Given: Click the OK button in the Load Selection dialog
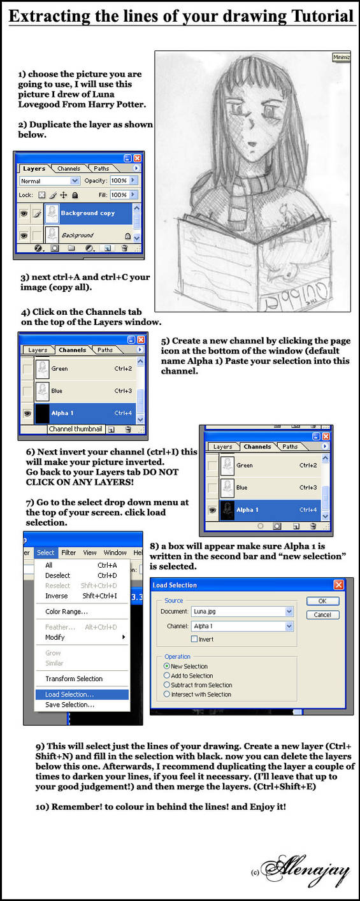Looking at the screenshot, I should point(322,601).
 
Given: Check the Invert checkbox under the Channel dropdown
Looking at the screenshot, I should point(194,638).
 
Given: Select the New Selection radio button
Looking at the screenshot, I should point(167,666).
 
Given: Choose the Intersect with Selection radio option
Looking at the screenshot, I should point(167,694).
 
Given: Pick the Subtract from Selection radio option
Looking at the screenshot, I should point(167,685).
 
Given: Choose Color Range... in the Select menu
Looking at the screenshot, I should point(66,611).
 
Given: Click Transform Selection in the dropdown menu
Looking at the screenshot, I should point(73,679).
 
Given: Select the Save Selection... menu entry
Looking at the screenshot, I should point(69,705).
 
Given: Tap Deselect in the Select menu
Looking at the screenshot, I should point(57,575).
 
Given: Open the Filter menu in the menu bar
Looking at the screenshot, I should point(68,552).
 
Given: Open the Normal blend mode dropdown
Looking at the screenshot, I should point(48,181).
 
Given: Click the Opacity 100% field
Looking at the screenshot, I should point(119,181).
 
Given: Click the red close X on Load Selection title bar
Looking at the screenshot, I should point(338,585).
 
